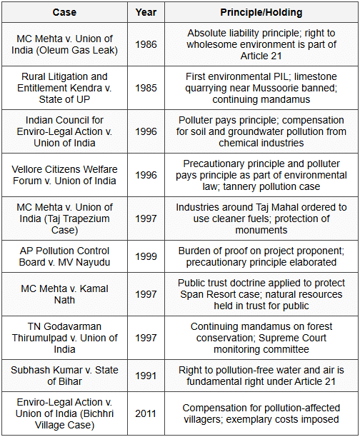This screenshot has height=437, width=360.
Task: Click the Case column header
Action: [64, 12]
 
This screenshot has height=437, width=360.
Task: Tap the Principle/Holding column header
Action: [260, 12]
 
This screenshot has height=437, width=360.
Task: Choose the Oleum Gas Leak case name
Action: [64, 44]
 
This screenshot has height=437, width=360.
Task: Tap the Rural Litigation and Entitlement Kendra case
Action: [64, 87]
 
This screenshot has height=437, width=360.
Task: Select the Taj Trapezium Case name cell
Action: [64, 218]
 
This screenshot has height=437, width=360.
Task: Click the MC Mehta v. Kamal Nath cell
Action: [64, 295]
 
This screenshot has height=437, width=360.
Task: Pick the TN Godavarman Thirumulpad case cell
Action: [64, 337]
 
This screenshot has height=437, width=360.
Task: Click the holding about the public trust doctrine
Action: [260, 295]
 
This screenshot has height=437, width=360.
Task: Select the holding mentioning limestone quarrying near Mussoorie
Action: [260, 87]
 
